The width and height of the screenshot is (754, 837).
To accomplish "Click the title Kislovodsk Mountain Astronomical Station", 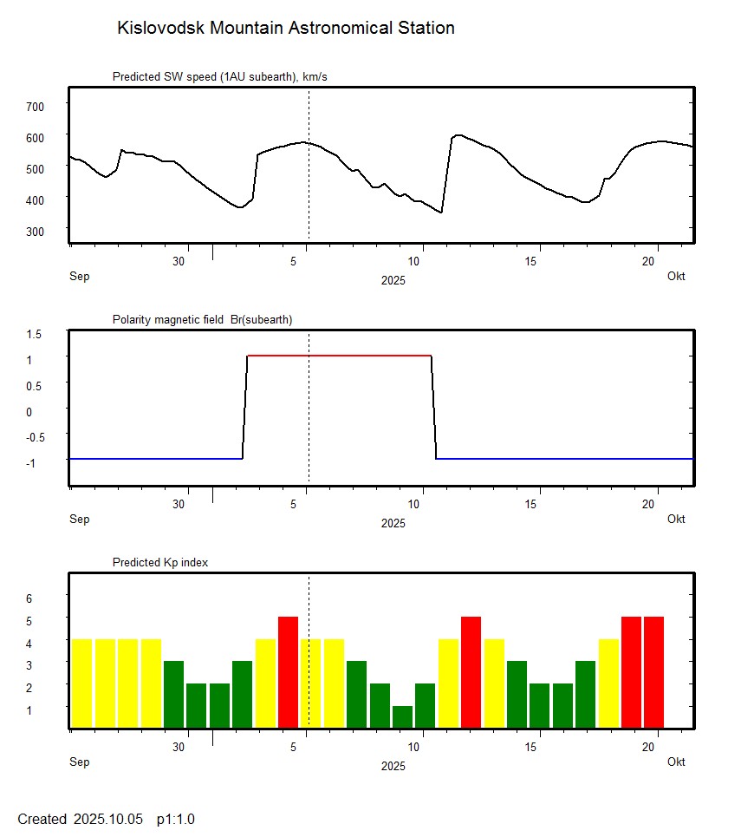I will [x=285, y=28].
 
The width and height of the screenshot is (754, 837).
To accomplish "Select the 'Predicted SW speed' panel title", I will [x=219, y=77].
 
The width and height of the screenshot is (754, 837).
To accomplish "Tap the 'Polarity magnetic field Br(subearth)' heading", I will [x=202, y=319].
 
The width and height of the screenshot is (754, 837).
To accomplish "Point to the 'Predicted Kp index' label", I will [x=160, y=562].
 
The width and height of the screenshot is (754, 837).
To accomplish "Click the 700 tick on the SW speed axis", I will [x=35, y=106].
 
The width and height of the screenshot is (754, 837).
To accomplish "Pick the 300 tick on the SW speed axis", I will [x=35, y=231].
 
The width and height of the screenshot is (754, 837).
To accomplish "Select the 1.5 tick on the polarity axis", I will [x=35, y=333].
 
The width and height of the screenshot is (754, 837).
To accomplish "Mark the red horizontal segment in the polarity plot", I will [x=339, y=356].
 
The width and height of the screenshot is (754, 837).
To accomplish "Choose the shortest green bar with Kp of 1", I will [x=401, y=716].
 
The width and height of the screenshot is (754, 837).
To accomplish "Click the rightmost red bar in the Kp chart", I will [x=653, y=671].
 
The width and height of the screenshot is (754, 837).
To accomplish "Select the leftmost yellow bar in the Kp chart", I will [x=81, y=683].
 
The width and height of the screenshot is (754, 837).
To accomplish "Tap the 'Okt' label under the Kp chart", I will [x=676, y=762].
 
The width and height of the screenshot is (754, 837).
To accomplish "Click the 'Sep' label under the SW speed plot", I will [x=79, y=276].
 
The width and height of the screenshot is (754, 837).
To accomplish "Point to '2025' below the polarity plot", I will [x=393, y=523].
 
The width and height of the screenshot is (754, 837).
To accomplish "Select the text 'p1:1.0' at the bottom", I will [x=176, y=819].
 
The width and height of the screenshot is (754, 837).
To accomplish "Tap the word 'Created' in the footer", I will [x=42, y=819].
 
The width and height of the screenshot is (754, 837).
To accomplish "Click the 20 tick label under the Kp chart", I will [x=649, y=747].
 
